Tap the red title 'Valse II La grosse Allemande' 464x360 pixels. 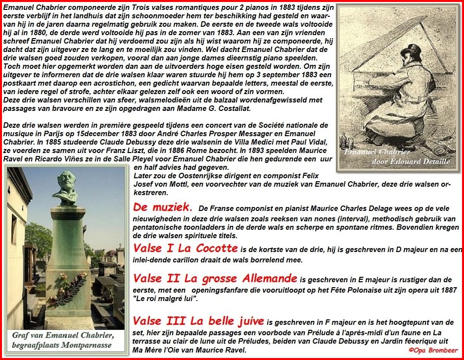coord(215,279)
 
